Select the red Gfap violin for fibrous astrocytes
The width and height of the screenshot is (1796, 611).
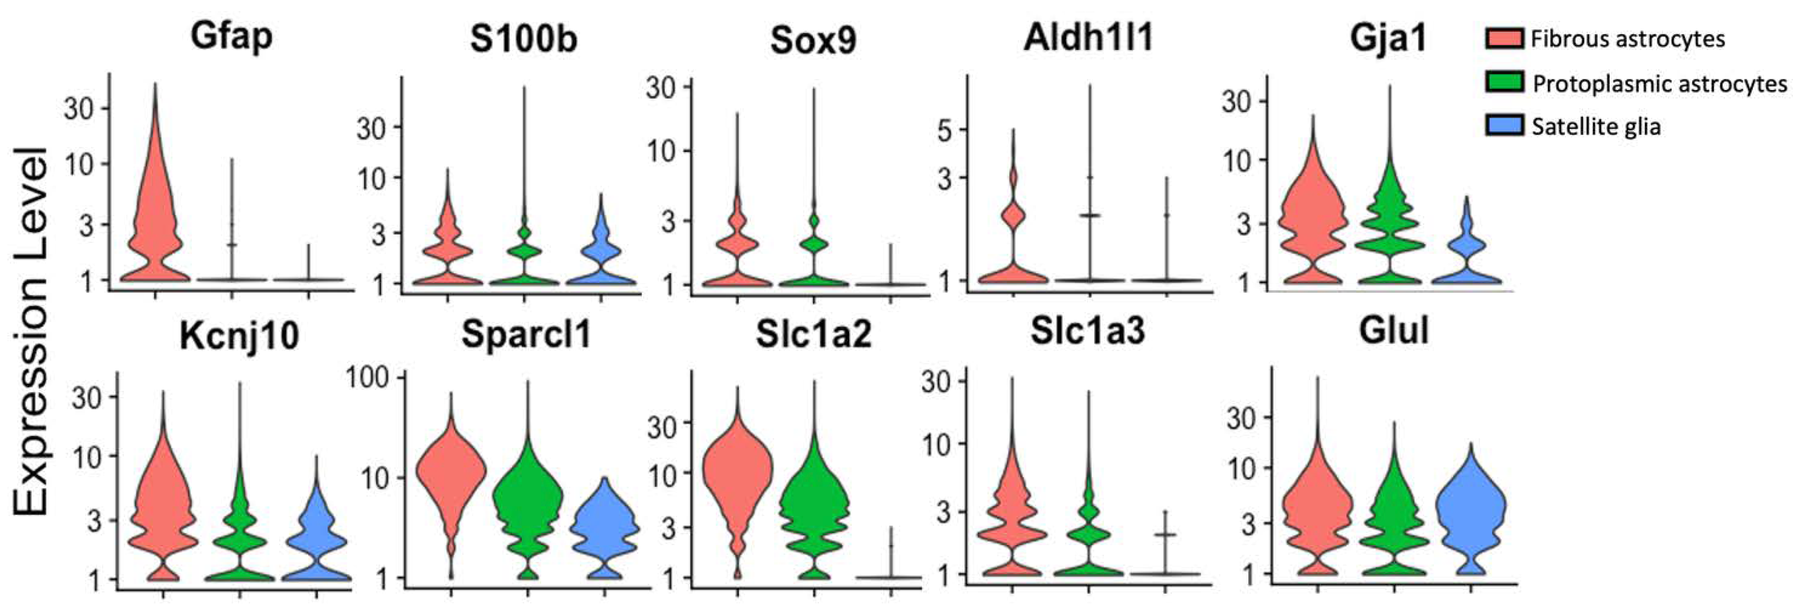click(x=155, y=209)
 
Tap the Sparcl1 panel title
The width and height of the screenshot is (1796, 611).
click(x=526, y=334)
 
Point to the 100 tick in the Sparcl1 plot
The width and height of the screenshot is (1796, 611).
click(x=372, y=377)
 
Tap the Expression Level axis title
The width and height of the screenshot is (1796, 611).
click(x=31, y=331)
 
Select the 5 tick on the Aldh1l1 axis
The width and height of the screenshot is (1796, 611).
click(x=945, y=130)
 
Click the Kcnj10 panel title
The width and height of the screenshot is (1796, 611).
click(x=239, y=336)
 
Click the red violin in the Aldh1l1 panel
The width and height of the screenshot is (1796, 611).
click(x=1013, y=216)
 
